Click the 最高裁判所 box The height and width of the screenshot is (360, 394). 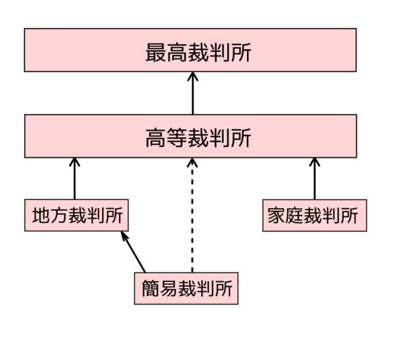coord(190,50)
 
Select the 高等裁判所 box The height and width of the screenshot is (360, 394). coord(191,136)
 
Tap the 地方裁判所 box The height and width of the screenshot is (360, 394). coord(77,215)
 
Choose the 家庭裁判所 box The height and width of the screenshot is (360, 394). coord(314,215)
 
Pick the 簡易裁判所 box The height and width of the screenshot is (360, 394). coord(186,288)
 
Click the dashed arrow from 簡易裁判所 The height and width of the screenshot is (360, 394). coord(192,215)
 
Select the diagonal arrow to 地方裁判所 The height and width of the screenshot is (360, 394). coord(133,252)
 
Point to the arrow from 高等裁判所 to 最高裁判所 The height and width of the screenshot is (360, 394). coord(193,93)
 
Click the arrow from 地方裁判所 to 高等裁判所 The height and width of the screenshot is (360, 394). coord(75,179)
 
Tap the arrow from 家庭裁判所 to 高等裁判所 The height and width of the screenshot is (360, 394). coord(314,179)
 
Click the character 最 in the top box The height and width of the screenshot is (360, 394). coord(155,53)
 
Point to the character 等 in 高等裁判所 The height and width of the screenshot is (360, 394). coord(177,138)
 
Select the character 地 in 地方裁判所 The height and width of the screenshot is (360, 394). coord(42,215)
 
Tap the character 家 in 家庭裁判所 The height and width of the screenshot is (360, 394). coord(277,215)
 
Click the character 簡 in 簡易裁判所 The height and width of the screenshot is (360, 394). coord(151,288)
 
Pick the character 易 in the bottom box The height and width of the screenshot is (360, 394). coord(169,288)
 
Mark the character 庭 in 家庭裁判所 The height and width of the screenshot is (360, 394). coord(295,215)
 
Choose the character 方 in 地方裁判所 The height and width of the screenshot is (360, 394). coord(59,215)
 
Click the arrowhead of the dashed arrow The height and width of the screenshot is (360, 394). coord(192,162)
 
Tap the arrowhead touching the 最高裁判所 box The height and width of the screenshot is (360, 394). coord(193,77)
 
